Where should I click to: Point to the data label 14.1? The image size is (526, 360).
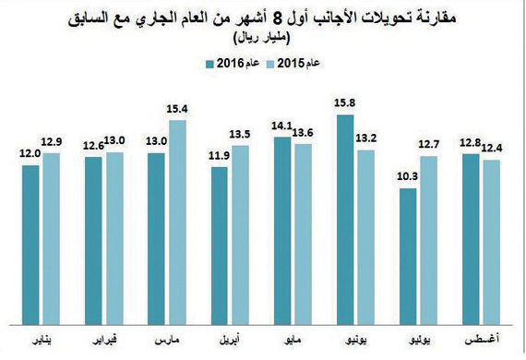pyautogui.click(x=281, y=128)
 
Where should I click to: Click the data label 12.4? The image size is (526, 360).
pyautogui.click(x=491, y=149)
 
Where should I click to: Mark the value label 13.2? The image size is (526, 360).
pyautogui.click(x=366, y=138)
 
